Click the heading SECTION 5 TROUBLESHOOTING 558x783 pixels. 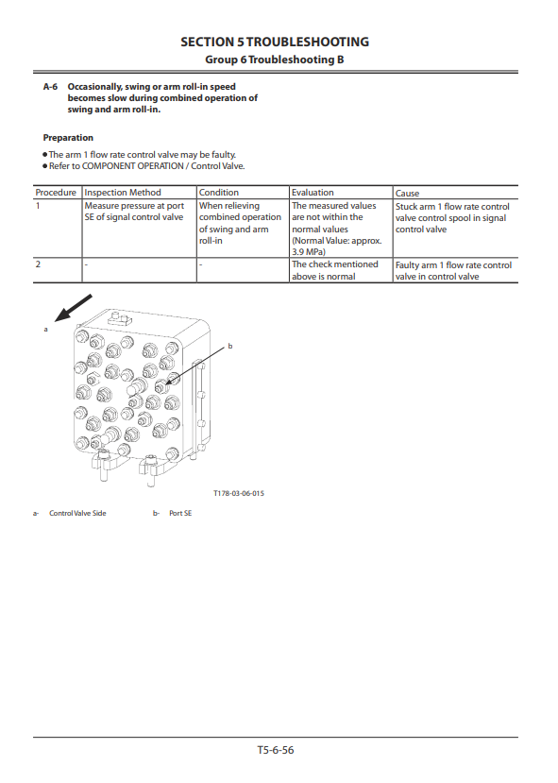tap(275, 42)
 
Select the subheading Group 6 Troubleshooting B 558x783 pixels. tap(275, 60)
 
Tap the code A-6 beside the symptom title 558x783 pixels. tap(50, 86)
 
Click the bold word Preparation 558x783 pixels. tap(68, 137)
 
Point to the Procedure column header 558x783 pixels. tap(56, 193)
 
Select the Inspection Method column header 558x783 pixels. tap(123, 193)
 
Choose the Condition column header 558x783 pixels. tap(219, 193)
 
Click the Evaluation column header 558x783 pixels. tap(313, 193)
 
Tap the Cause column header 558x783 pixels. tap(407, 194)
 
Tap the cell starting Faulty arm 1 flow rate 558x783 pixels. tap(453, 271)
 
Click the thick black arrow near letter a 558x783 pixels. tap(73, 308)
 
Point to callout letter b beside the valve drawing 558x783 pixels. tap(230, 346)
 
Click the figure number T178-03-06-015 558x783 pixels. tap(239, 493)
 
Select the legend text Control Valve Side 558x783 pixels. tap(77, 513)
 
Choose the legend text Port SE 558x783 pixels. tap(180, 513)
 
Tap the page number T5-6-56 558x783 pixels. tap(276, 750)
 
